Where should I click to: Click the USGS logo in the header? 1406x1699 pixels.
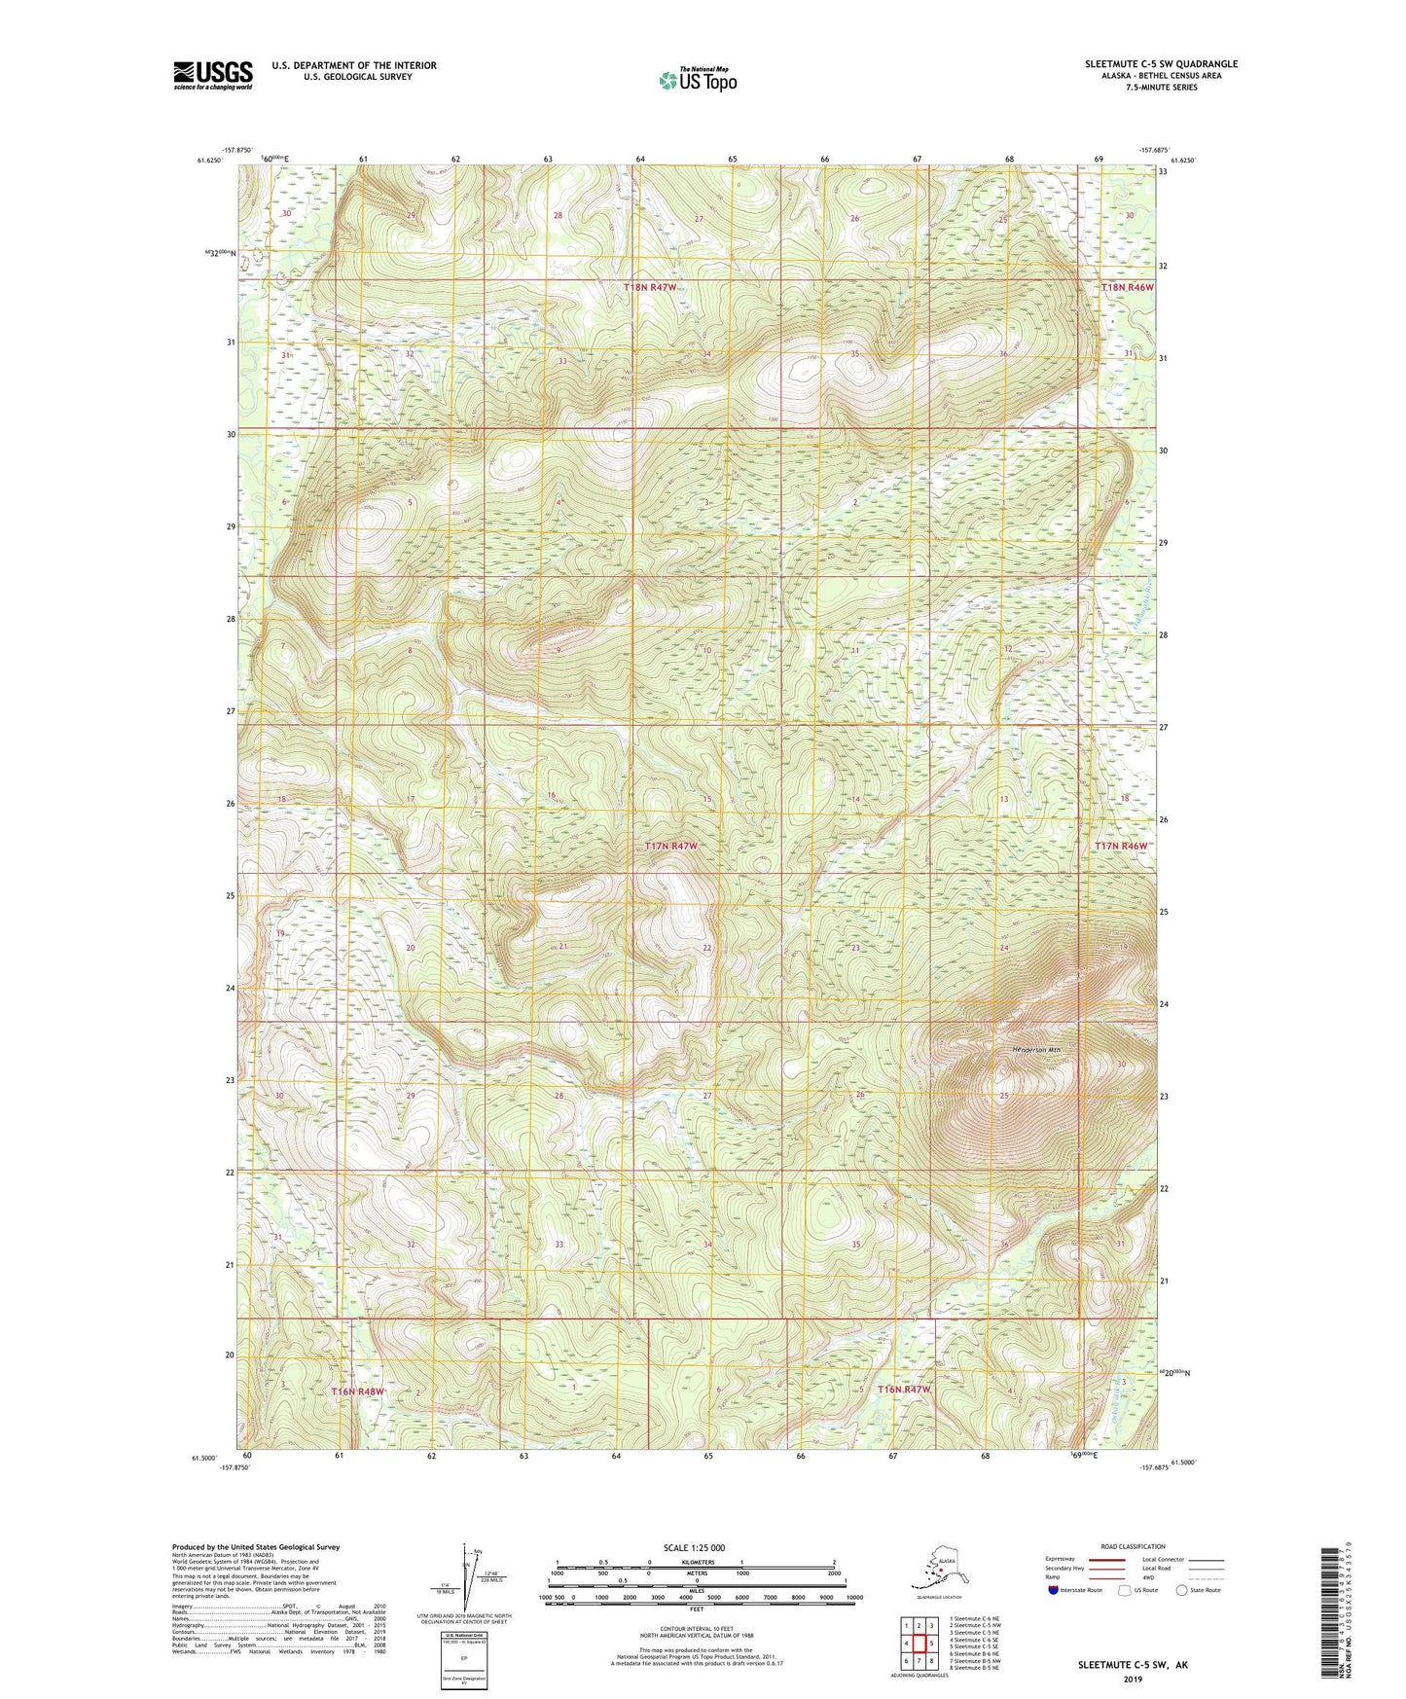point(212,75)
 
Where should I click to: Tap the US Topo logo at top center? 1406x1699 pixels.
point(698,79)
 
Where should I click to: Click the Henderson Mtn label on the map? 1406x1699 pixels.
point(1035,1050)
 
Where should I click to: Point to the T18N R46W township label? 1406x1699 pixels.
point(1127,287)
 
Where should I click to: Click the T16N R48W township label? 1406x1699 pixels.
point(358,1392)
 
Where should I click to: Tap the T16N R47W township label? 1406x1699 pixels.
point(905,1390)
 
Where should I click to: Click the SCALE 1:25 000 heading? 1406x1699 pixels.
point(694,1548)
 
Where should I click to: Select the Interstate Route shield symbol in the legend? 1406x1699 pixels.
point(1054,1591)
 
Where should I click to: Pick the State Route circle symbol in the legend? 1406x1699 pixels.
point(1182,1591)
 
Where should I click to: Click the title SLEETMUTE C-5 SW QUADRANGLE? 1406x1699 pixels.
point(1161,64)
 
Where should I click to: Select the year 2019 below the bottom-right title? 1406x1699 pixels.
point(1133,1679)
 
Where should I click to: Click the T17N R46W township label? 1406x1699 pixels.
point(1121,847)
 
